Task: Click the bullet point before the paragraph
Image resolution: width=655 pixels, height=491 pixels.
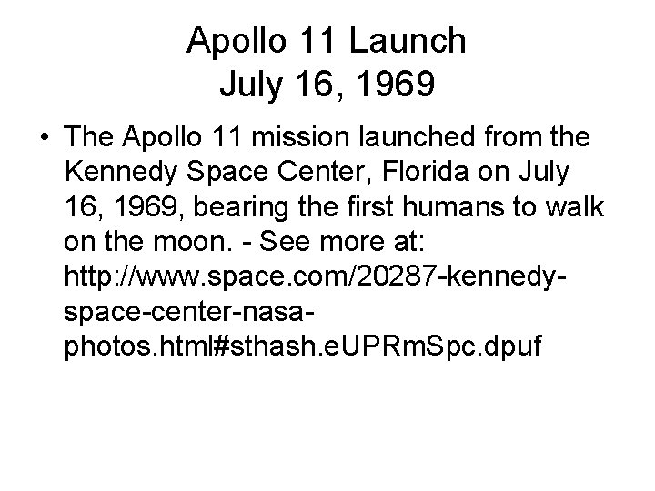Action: click(x=43, y=138)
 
